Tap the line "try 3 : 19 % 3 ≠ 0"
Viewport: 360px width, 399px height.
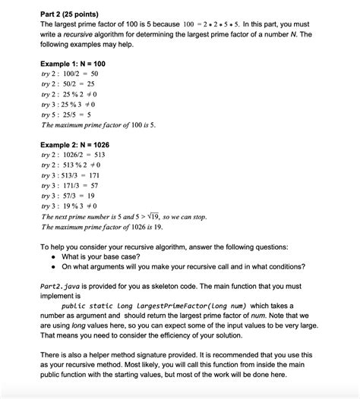pos(68,205)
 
